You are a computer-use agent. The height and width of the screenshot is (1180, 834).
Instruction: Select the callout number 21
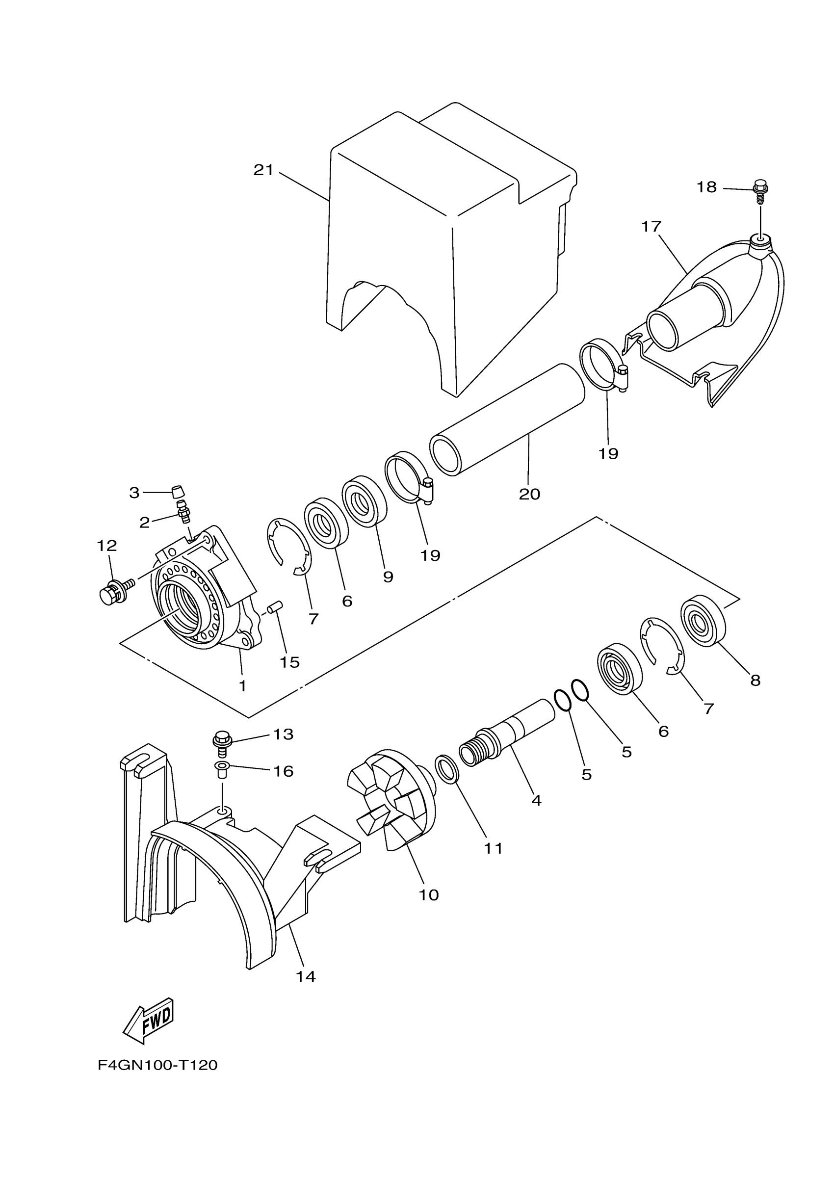click(263, 170)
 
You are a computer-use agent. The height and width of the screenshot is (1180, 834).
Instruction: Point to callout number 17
click(651, 226)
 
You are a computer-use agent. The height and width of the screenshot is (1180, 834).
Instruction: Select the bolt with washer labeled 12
click(113, 591)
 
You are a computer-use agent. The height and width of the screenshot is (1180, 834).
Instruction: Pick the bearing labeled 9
click(365, 501)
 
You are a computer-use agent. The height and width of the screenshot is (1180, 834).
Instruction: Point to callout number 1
click(242, 685)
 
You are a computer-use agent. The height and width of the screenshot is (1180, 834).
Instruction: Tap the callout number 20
click(529, 494)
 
